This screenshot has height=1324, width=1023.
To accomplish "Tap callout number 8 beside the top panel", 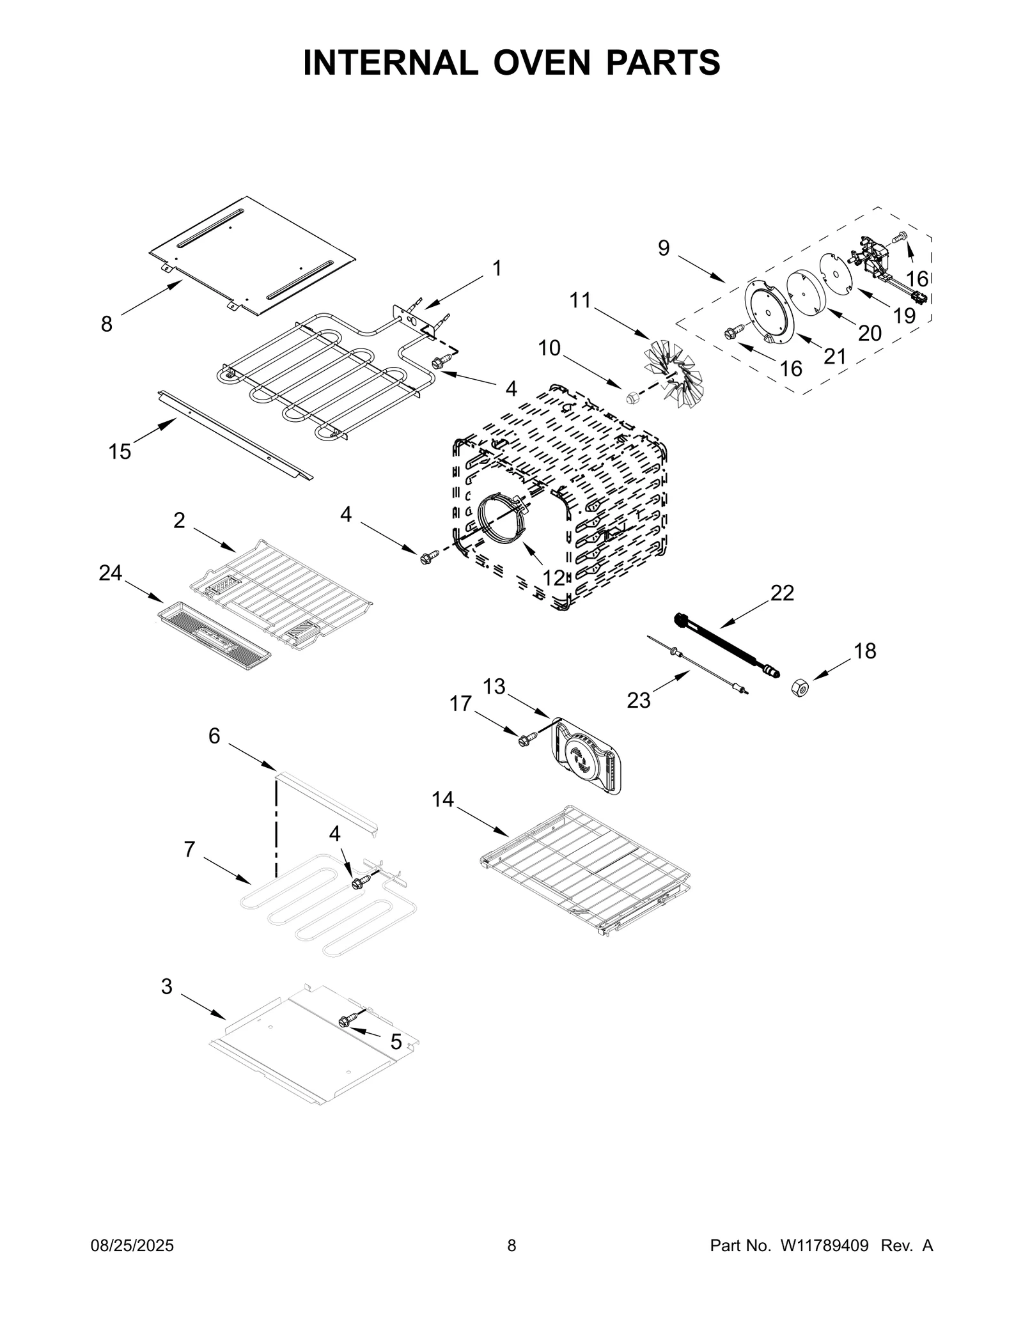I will [107, 325].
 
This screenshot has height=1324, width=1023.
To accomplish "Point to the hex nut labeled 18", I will [800, 689].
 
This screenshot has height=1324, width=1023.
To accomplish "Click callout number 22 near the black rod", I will [782, 593].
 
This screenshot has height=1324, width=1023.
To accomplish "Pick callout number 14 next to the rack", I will [442, 798].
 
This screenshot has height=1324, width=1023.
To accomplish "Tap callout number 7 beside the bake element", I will [189, 849].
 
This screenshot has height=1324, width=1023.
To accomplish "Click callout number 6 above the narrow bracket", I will [214, 736].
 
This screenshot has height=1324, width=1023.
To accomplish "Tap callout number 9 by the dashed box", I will [664, 248].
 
